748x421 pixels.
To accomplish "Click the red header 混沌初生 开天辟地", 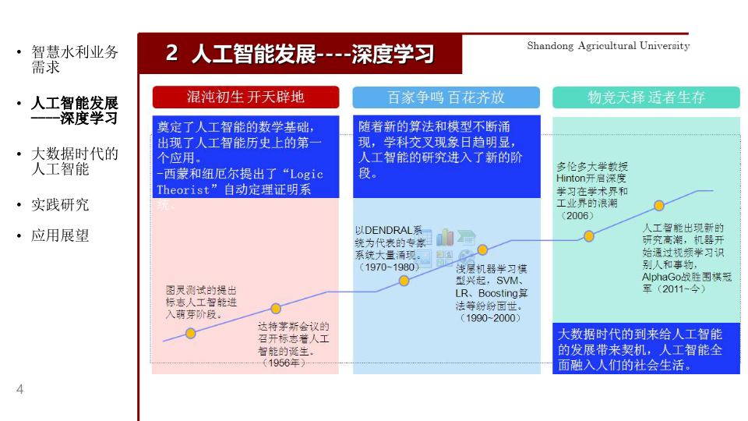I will (x=245, y=97).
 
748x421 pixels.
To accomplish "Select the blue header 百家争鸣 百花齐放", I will (x=446, y=97).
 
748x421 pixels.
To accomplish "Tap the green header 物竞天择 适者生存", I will (x=646, y=97).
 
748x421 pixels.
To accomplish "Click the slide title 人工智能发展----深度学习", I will (x=300, y=54).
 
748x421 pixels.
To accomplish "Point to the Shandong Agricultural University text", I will (x=608, y=46).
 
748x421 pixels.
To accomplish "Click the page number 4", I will (x=20, y=390).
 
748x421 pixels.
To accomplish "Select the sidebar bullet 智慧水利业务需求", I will (x=74, y=60).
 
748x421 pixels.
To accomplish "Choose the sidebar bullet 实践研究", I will (x=60, y=204).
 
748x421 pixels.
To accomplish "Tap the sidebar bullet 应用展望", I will (x=60, y=235).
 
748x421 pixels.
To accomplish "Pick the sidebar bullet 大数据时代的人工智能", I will (x=74, y=161).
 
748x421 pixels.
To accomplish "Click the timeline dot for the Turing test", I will (x=190, y=333).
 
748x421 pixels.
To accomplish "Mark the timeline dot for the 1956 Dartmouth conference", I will (x=276, y=308).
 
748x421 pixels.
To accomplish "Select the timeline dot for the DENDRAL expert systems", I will (x=404, y=281).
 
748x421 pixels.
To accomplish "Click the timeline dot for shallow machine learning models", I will (x=482, y=249).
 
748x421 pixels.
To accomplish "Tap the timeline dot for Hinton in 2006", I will (x=589, y=235).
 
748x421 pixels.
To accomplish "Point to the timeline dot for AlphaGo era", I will (x=659, y=206).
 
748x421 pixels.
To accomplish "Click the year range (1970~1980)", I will (x=389, y=267).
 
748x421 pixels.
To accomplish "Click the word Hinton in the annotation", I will (x=570, y=179).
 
